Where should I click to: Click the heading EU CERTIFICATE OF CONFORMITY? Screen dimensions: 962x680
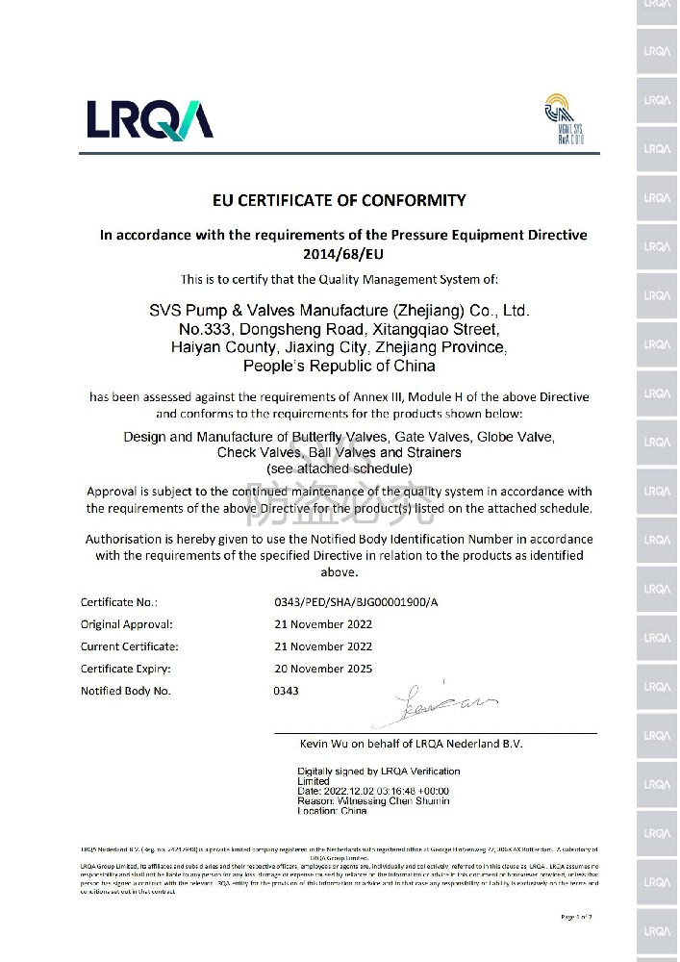pos(339,200)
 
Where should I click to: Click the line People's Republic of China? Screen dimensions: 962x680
pos(339,366)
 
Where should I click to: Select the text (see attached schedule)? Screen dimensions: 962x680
pos(339,468)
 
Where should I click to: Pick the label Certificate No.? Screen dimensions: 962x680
pos(118,602)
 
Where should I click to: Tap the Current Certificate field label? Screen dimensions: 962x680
pos(129,646)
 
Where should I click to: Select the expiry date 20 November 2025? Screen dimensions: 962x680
pos(323,669)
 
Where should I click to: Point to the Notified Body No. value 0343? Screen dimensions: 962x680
pos(286,691)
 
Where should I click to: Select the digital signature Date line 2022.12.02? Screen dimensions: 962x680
pos(373,791)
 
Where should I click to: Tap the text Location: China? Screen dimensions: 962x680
pos(332,811)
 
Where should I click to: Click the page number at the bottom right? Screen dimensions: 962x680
pos(576,917)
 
